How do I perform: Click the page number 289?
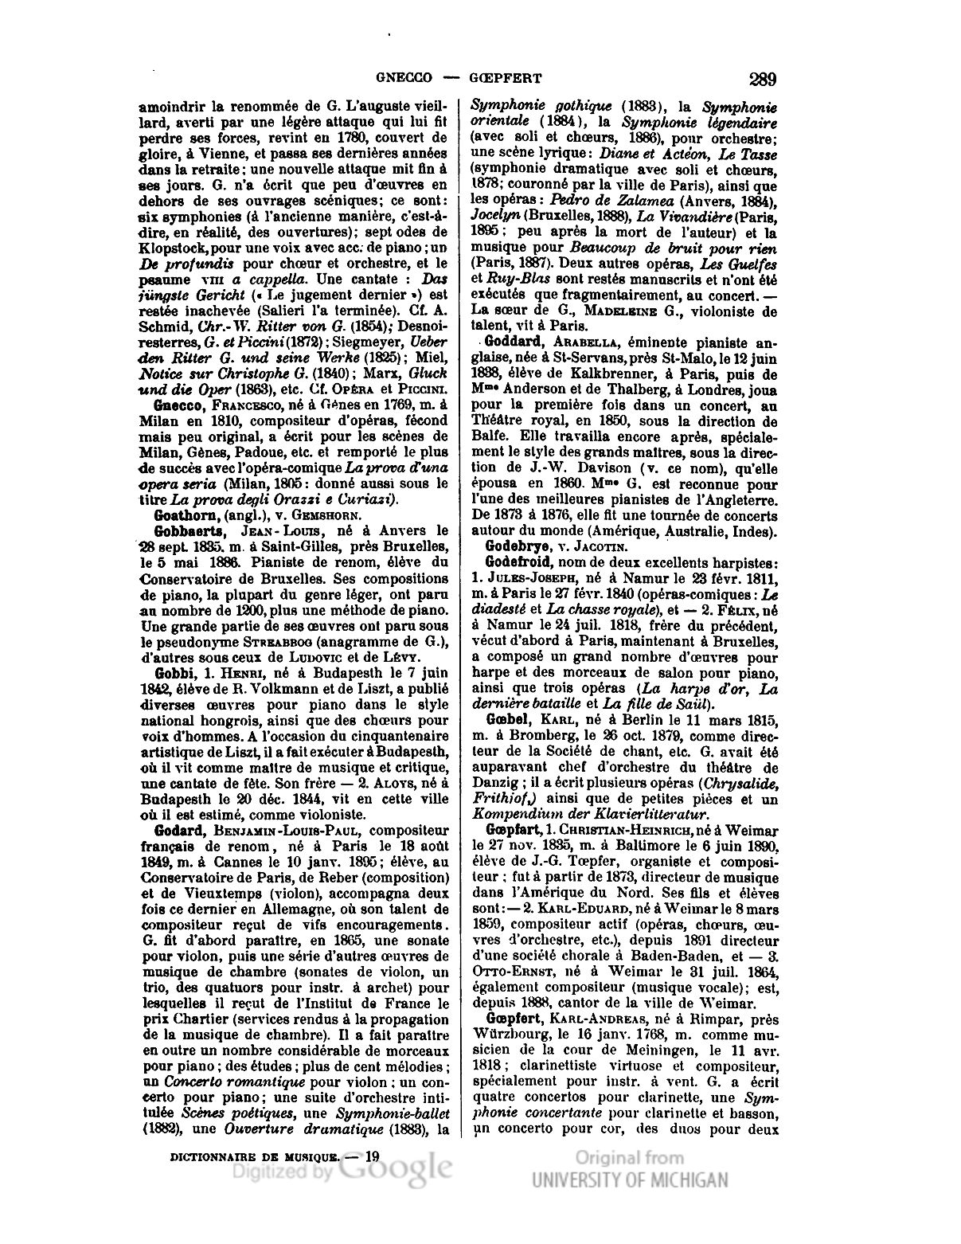[762, 79]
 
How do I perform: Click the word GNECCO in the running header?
[404, 79]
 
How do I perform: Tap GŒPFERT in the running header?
[507, 79]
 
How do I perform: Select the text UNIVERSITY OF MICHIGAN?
[629, 1181]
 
